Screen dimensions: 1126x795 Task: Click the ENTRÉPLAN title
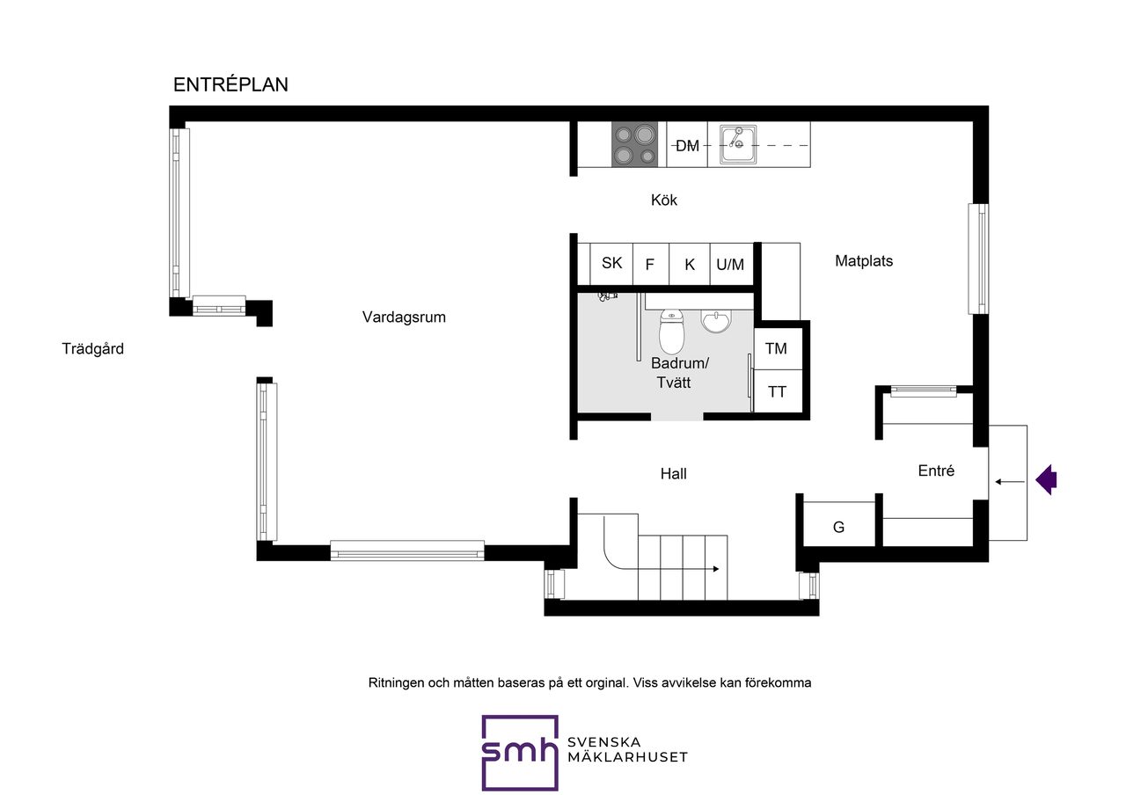[x=230, y=84]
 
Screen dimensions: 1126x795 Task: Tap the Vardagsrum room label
[x=404, y=317]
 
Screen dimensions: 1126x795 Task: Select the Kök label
[x=663, y=200]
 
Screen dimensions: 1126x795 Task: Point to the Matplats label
[x=864, y=261]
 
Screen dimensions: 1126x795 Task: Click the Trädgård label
[x=92, y=348]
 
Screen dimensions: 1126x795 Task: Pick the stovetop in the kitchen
[x=634, y=145]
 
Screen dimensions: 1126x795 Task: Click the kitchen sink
[x=738, y=144]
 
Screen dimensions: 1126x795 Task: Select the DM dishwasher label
[x=687, y=146]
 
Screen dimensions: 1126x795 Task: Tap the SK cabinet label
[x=611, y=263]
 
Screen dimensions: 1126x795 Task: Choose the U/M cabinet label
[x=730, y=265]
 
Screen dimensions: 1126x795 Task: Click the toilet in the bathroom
[x=671, y=332]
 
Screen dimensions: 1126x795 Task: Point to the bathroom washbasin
[x=716, y=322]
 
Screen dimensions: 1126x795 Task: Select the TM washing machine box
[x=778, y=348]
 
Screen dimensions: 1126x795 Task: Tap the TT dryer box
[x=778, y=391]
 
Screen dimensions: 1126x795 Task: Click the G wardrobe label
[x=838, y=527]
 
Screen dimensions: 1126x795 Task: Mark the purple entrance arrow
[x=1046, y=479]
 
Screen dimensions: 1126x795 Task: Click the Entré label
[x=936, y=470]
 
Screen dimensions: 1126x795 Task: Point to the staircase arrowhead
[x=716, y=569]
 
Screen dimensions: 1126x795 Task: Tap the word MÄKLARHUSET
[x=627, y=757]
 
